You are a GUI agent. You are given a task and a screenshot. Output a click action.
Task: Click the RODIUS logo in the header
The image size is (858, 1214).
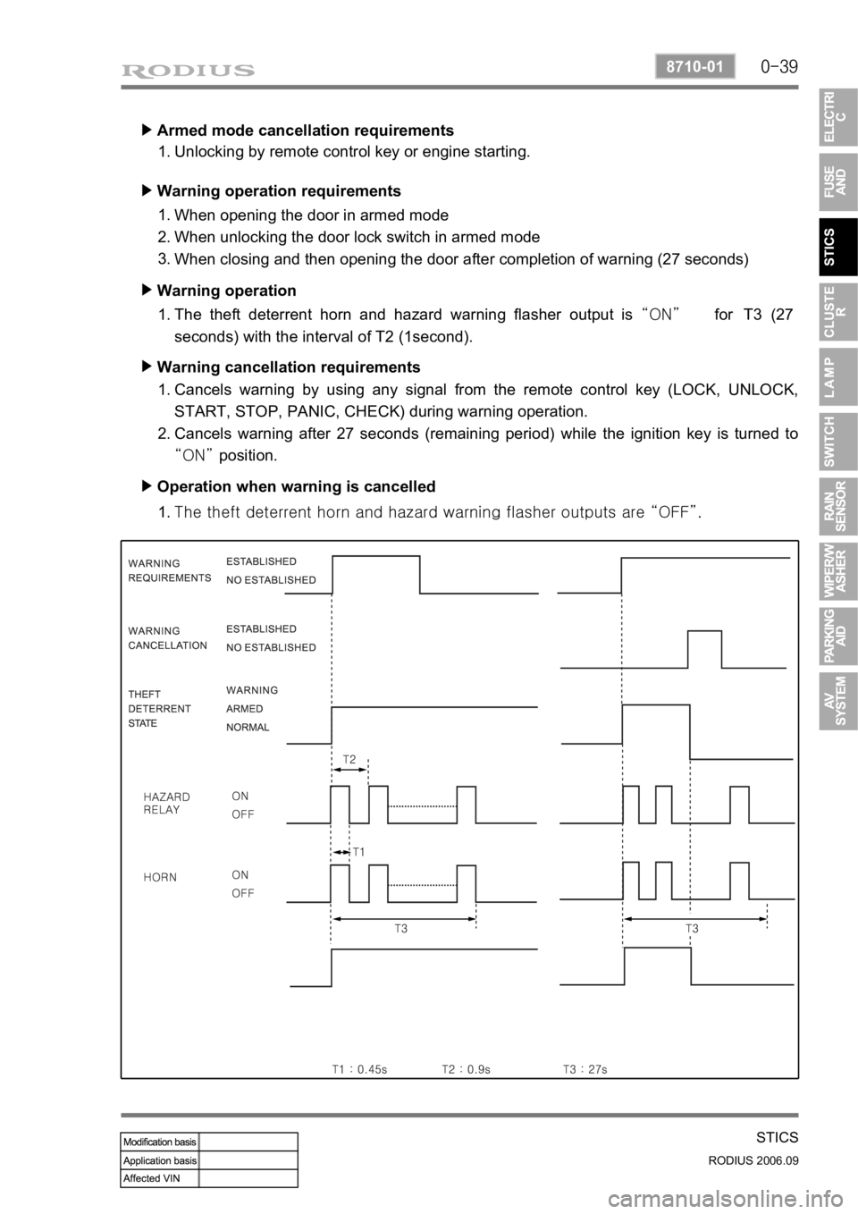188,71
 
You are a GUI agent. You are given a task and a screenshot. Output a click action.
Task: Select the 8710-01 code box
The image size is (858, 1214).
695,67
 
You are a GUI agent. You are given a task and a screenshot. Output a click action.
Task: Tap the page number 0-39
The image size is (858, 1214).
779,67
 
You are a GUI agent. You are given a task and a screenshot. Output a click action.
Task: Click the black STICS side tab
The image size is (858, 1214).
838,247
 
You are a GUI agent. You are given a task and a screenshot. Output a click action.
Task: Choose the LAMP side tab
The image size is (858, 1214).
838,376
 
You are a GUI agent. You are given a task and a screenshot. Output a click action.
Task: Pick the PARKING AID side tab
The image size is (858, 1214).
838,637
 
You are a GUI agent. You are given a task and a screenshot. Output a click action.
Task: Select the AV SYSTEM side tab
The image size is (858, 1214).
838,701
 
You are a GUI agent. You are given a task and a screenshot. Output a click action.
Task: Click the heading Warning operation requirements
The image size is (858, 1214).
279,190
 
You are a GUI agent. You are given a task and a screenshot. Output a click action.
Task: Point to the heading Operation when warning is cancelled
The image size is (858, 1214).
296,486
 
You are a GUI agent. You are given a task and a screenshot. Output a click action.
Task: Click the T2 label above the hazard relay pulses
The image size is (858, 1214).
349,759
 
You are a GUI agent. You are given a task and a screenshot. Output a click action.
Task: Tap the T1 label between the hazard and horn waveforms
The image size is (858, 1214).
358,852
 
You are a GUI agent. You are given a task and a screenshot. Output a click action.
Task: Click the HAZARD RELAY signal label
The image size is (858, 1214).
166,803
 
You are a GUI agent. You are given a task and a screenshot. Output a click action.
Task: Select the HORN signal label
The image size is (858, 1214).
160,877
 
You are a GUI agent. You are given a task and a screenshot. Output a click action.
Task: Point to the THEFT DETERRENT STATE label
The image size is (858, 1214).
159,708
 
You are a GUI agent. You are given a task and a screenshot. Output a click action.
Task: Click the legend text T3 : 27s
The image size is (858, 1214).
585,1069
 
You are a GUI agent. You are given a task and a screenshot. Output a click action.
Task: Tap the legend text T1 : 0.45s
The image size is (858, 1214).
359,1069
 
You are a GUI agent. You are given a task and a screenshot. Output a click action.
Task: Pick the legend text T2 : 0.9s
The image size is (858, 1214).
466,1069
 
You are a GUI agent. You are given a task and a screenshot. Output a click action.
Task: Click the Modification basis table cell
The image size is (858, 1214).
160,1142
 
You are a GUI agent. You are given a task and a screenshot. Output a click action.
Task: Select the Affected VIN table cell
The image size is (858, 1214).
160,1178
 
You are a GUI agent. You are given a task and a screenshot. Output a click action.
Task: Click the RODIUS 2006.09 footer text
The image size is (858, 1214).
753,1160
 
